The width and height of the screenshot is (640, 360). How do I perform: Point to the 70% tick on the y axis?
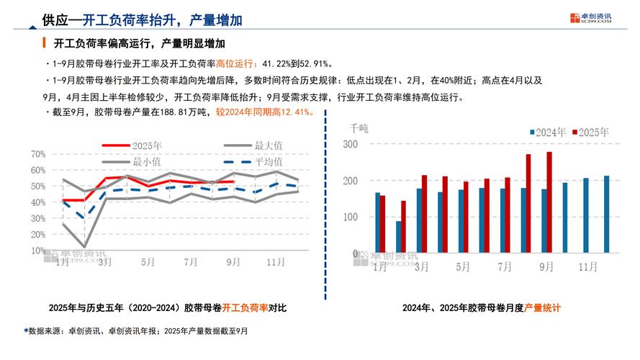39,154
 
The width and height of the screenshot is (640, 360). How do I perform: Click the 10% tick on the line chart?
39,251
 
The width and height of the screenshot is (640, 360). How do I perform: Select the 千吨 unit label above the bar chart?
359,127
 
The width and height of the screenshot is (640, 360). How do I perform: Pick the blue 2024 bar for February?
398,237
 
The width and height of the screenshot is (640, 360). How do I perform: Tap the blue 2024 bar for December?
606,214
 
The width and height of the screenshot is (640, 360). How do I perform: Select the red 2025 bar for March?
424,213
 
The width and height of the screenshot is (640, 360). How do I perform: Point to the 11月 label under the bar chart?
589,266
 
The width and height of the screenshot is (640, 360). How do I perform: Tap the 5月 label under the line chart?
147,263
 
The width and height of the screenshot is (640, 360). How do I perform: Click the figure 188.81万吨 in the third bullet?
184,112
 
